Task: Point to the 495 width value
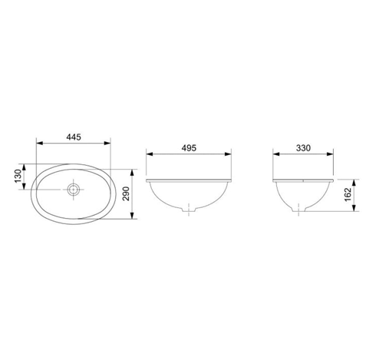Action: (188, 147)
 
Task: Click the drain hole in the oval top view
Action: (74, 188)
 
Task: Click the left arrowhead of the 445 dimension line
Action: (39, 144)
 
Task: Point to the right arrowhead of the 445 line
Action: (108, 144)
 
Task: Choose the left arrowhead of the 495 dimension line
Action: (147, 154)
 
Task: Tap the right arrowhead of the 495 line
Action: (229, 154)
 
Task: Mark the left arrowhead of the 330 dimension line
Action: (276, 154)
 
